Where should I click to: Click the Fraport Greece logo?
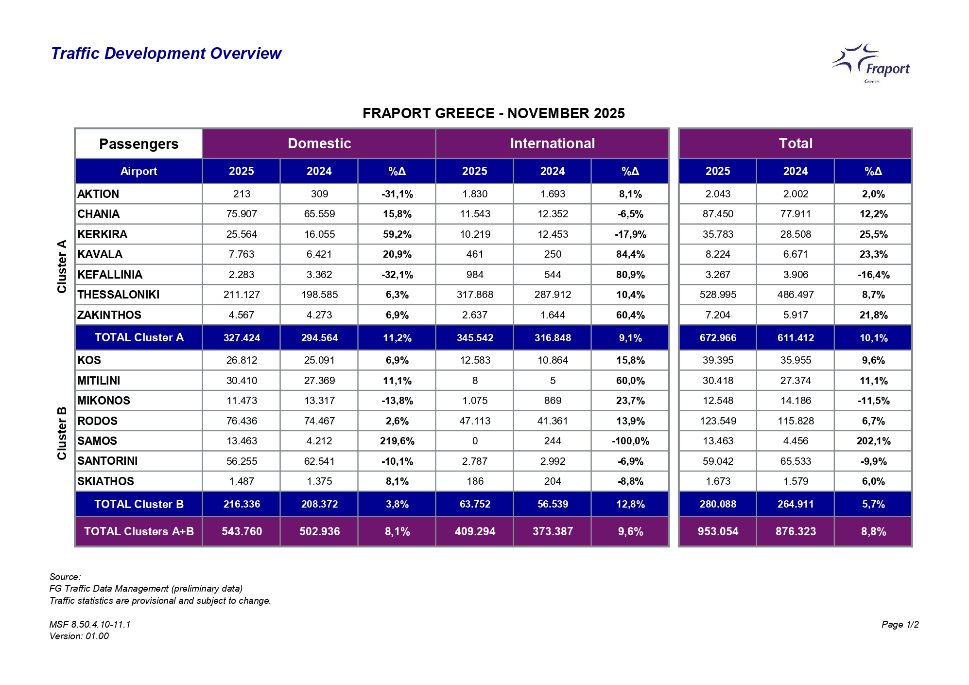point(871,64)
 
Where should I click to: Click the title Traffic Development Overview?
point(166,53)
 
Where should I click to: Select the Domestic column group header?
point(319,143)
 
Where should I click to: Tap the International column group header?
point(552,143)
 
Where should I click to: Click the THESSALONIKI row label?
point(119,295)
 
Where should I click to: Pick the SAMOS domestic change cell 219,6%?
point(397,441)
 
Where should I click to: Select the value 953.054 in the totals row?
point(718,531)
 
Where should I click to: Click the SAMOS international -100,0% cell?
point(630,441)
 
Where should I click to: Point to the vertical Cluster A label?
point(62,266)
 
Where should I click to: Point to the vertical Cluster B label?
point(62,433)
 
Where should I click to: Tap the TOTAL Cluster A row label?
point(139,337)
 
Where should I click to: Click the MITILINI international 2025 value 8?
point(475,381)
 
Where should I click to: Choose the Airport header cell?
point(139,171)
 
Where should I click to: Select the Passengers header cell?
point(139,144)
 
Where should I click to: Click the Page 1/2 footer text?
point(900,624)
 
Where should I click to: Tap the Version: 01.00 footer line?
point(79,636)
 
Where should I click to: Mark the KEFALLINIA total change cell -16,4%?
point(873,275)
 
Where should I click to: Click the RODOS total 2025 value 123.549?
point(718,421)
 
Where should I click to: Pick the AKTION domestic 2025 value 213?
point(242,194)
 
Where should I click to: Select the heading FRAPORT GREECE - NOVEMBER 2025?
point(493,113)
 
